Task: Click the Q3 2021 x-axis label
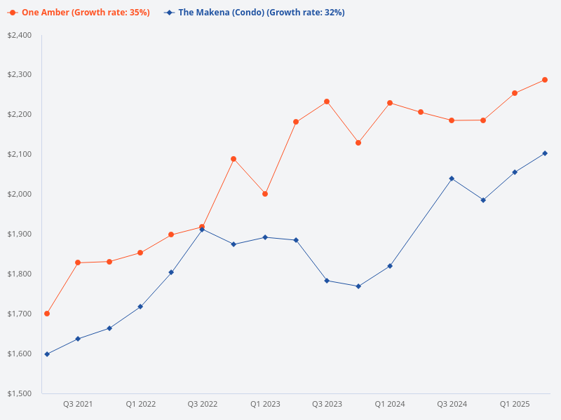point(78,404)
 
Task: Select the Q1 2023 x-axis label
point(265,404)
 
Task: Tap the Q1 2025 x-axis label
point(515,404)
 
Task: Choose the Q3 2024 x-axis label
point(452,404)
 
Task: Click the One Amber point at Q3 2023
point(327,101)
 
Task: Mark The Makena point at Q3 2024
point(452,178)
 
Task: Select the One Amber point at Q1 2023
point(265,194)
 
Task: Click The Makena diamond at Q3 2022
point(202,229)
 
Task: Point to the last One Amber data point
point(545,80)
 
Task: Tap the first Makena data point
point(47,354)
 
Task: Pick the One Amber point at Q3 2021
point(78,262)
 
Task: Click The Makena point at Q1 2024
point(390,266)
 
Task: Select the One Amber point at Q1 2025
point(515,93)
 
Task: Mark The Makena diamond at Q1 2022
point(140,307)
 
